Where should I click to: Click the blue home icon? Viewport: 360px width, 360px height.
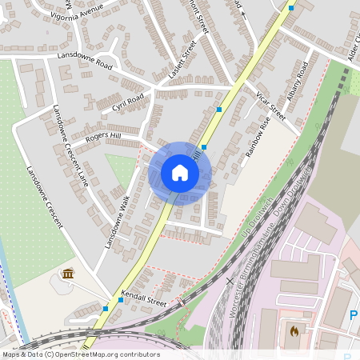(x=180, y=173)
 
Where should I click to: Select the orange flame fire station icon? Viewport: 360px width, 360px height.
(x=294, y=329)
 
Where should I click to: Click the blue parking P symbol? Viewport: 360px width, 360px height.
(x=354, y=316)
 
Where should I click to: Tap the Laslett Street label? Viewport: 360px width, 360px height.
(x=182, y=61)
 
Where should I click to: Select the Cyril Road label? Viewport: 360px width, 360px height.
(x=128, y=102)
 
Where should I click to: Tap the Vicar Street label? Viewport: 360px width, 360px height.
(x=271, y=105)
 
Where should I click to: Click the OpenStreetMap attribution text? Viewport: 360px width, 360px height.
(x=81, y=354)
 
